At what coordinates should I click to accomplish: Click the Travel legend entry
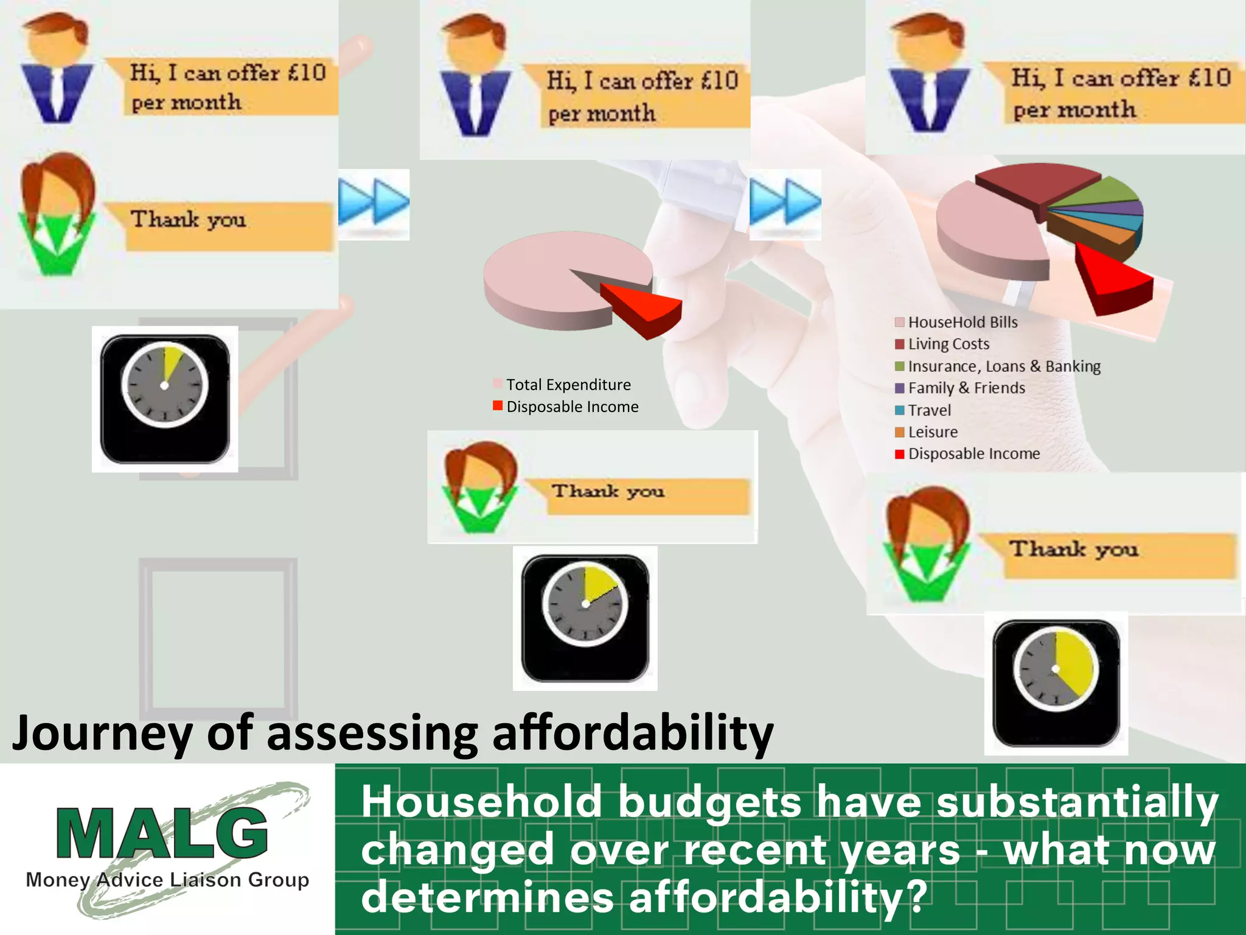[928, 410]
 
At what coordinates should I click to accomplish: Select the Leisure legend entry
[932, 432]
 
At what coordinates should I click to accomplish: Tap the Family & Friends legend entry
[966, 388]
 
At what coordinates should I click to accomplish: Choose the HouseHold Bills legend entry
[962, 323]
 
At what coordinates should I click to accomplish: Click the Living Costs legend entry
[948, 345]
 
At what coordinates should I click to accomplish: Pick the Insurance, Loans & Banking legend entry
[1003, 366]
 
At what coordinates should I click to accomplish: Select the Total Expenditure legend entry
[568, 385]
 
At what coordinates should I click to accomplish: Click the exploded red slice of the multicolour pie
[1113, 280]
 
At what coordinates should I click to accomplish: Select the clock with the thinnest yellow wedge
[165, 399]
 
